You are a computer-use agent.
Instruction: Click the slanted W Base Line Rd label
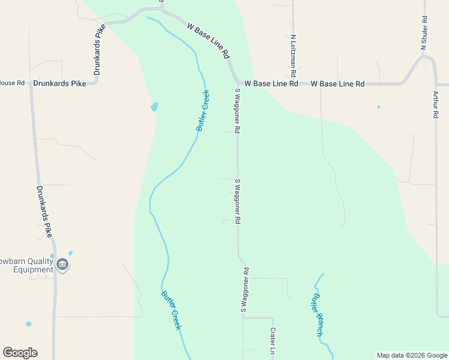coord(209,41)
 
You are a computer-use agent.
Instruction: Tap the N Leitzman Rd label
coord(294,55)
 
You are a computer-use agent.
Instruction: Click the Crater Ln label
coord(272,340)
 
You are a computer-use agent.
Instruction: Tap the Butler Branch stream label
coord(318,315)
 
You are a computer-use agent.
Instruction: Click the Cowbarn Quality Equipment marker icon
coord(62,265)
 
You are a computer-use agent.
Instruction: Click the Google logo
coord(20,353)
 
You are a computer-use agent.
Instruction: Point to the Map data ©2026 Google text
coord(411,355)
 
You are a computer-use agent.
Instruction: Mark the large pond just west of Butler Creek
coord(154,107)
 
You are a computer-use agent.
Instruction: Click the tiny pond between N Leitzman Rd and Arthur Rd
coord(378,107)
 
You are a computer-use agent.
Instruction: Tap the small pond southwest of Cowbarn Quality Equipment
coord(29,324)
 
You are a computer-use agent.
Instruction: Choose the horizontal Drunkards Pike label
coord(60,84)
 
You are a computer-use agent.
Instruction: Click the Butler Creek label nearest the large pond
coord(203,111)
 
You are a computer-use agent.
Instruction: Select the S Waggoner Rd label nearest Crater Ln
coord(245,290)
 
